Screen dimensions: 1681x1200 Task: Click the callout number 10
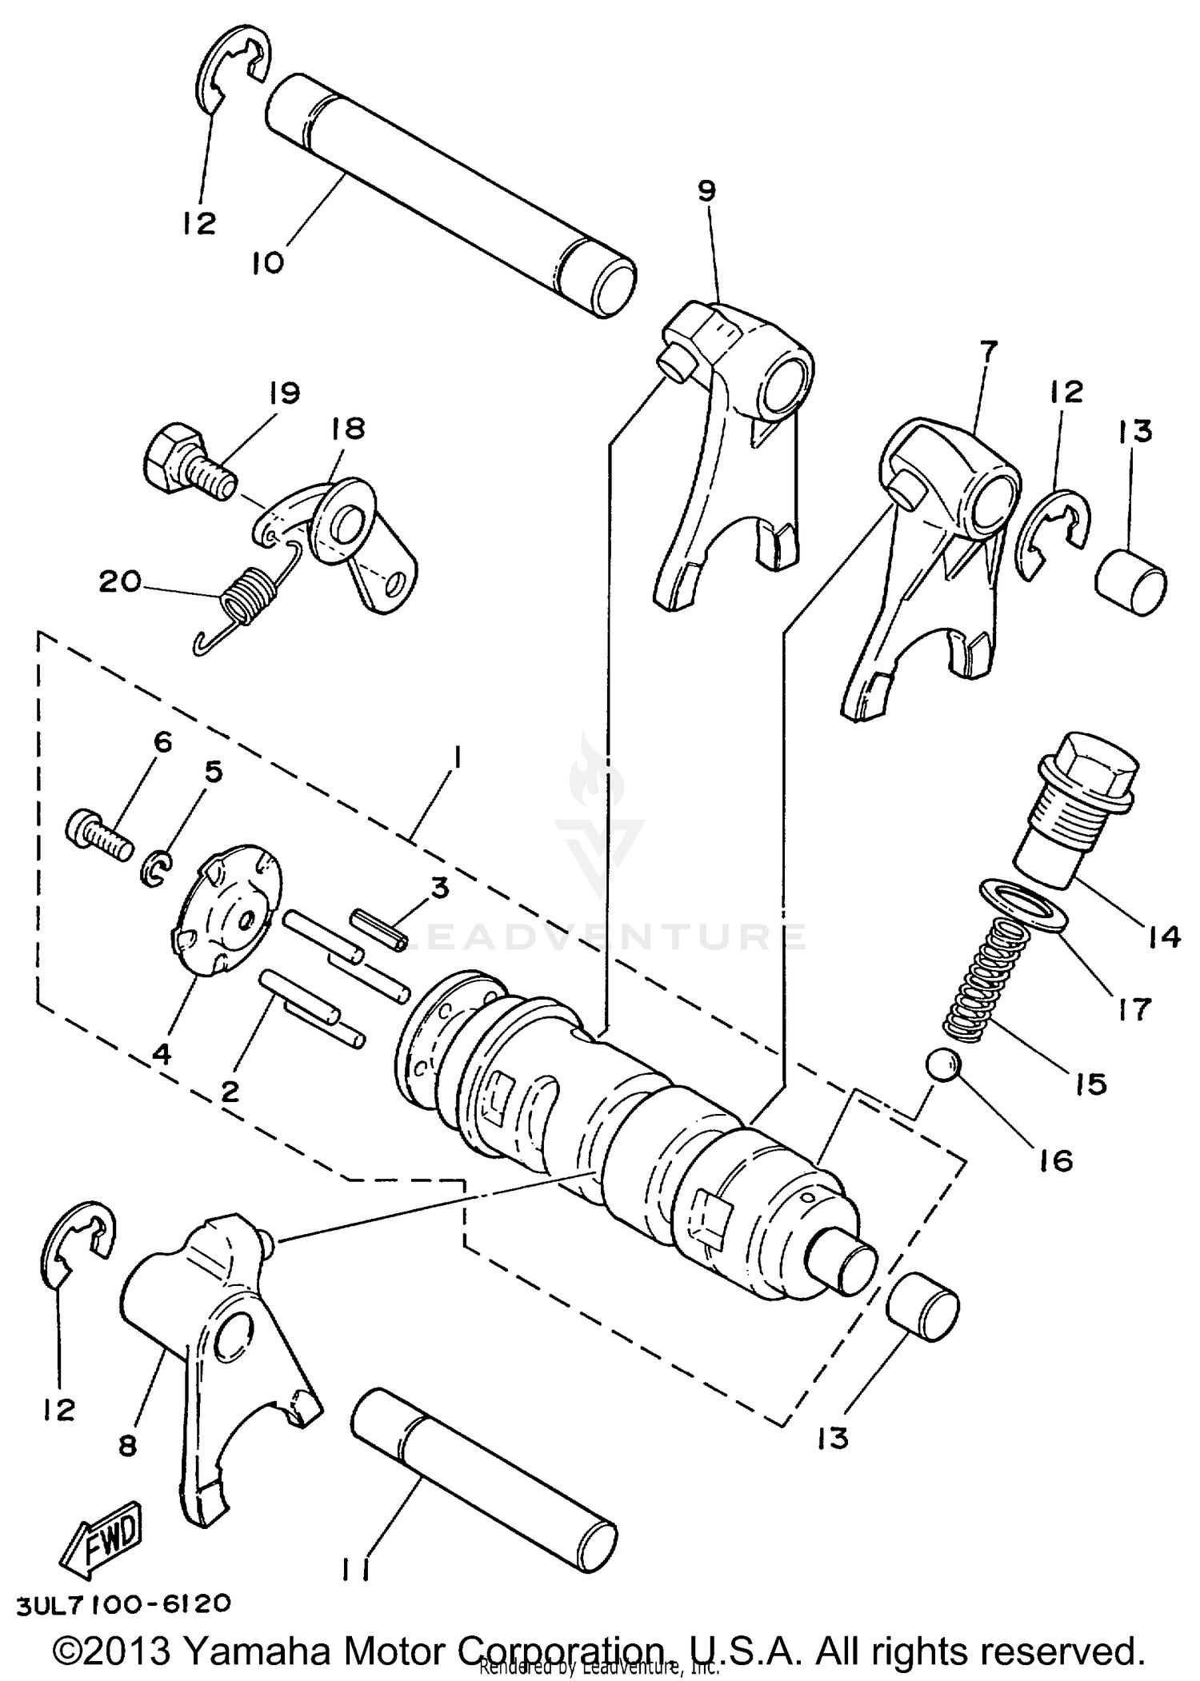269,263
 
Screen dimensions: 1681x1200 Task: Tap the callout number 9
707,191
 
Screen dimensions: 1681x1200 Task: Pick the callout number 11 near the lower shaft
354,1571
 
